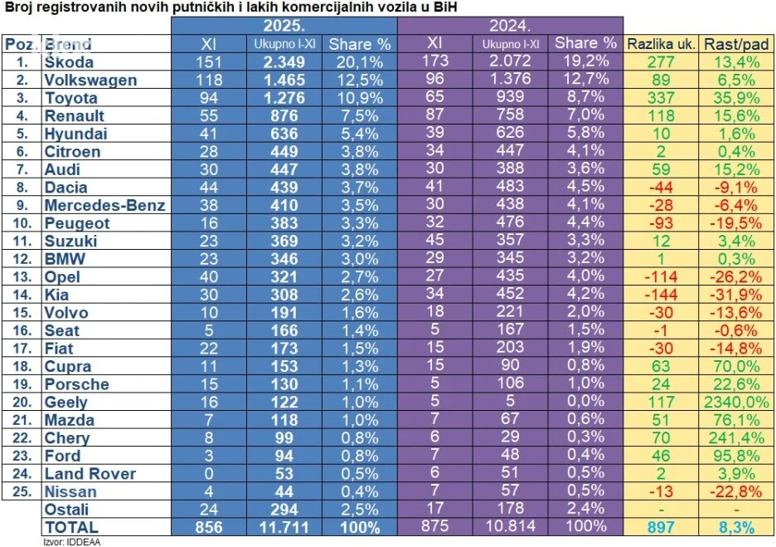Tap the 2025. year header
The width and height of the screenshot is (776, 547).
(284, 25)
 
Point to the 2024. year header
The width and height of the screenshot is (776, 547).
(510, 25)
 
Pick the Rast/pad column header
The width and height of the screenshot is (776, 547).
(736, 44)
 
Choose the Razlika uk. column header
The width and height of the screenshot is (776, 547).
(661, 44)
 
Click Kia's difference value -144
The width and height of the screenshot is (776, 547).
(661, 295)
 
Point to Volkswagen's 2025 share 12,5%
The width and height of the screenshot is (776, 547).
(356, 81)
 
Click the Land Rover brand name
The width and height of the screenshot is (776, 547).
(90, 474)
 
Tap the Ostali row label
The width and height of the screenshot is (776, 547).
(66, 510)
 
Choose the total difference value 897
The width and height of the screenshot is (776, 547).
(661, 527)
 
